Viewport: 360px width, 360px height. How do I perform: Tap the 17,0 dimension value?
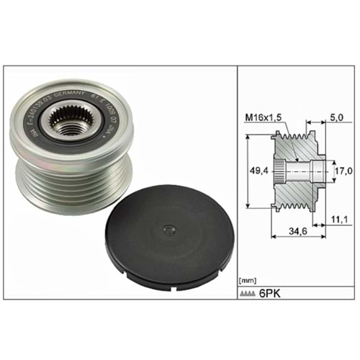[x=343, y=171]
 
